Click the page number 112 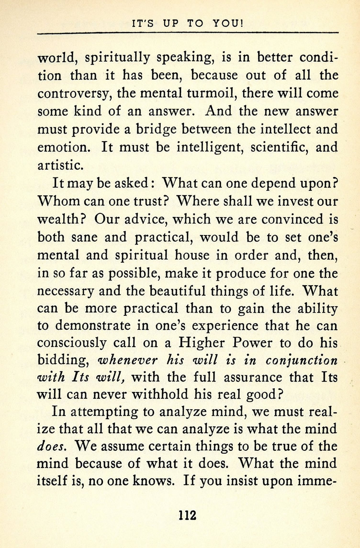(x=187, y=516)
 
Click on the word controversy (x=72, y=93)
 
